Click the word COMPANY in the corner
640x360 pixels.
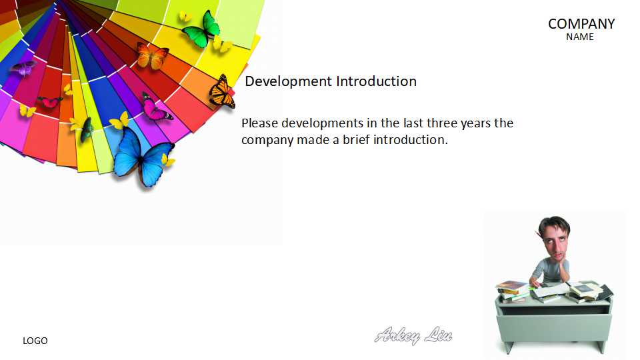(581, 24)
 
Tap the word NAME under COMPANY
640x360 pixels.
(579, 37)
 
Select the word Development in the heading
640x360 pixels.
(289, 81)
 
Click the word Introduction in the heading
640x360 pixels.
(376, 81)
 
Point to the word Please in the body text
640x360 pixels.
(259, 123)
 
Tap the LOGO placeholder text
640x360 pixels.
(35, 341)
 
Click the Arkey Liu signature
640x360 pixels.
(413, 335)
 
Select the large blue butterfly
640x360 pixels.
(142, 158)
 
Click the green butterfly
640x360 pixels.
(201, 29)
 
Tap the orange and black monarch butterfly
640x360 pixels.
(222, 92)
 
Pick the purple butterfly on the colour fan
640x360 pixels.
(23, 68)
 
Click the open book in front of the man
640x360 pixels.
(549, 290)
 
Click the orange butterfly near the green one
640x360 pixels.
(152, 56)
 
